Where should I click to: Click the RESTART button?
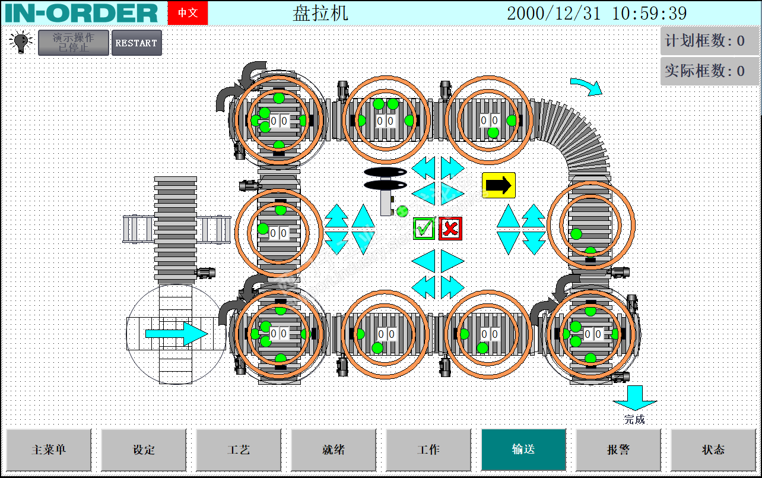pyautogui.click(x=136, y=43)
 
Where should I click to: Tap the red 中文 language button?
pyautogui.click(x=188, y=13)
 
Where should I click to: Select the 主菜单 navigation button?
pyautogui.click(x=49, y=449)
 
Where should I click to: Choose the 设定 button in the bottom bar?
pyautogui.click(x=144, y=449)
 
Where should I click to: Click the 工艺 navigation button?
pyautogui.click(x=239, y=449)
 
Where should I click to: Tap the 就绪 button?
pyautogui.click(x=334, y=449)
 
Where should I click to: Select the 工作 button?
pyautogui.click(x=428, y=449)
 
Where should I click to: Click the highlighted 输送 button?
pyautogui.click(x=523, y=449)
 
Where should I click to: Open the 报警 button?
pyautogui.click(x=618, y=449)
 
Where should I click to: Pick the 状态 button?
pyautogui.click(x=713, y=449)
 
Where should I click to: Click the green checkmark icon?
pyautogui.click(x=424, y=228)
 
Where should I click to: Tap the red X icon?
pyautogui.click(x=450, y=228)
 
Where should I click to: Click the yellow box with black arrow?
pyautogui.click(x=499, y=185)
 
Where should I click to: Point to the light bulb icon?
pyautogui.click(x=20, y=42)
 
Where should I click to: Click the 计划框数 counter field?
pyautogui.click(x=709, y=41)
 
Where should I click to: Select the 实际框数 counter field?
pyautogui.click(x=709, y=71)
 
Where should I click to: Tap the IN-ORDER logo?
pyautogui.click(x=81, y=13)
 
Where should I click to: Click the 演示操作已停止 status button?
pyautogui.click(x=74, y=43)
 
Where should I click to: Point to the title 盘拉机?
pyautogui.click(x=320, y=13)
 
